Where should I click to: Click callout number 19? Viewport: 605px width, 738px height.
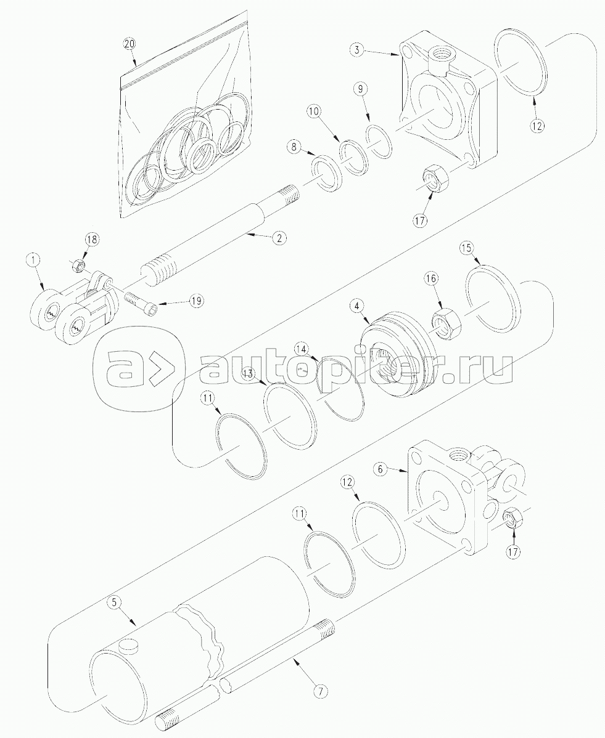(197, 301)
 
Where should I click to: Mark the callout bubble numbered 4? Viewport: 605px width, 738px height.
(356, 305)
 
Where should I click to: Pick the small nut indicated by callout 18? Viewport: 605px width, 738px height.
(78, 266)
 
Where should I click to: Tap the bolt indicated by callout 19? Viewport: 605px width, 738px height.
(141, 304)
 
